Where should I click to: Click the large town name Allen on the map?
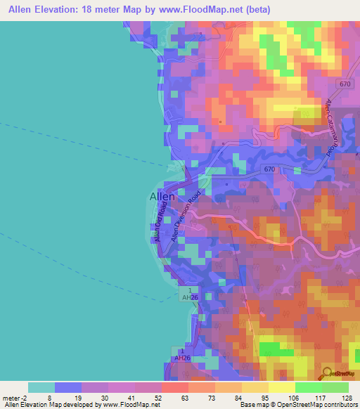pyautogui.click(x=162, y=197)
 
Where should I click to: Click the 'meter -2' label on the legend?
pyautogui.click(x=13, y=397)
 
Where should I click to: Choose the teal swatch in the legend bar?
pyautogui.click(x=41, y=387)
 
